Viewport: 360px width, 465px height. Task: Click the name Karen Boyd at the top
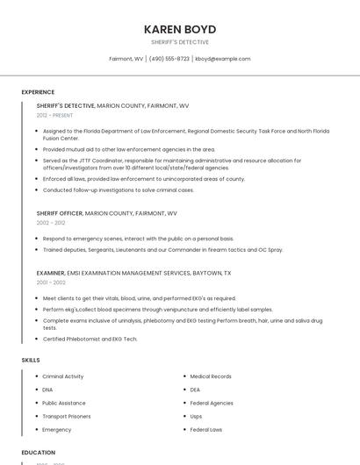(179, 29)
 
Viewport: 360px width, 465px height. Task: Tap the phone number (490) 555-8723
(169, 59)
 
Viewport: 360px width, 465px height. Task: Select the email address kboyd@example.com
(222, 59)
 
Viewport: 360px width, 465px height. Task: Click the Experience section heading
(38, 92)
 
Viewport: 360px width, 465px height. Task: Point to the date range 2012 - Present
(54, 115)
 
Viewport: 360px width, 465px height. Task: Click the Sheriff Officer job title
(60, 213)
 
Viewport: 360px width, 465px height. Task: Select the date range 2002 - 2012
(51, 223)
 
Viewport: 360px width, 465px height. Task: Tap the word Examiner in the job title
(50, 273)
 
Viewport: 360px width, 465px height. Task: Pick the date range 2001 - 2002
(51, 283)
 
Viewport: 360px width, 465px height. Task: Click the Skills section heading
(31, 360)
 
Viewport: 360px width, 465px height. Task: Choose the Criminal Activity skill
(63, 376)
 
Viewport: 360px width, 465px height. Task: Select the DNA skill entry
(47, 390)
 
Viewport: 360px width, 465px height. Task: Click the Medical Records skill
(211, 376)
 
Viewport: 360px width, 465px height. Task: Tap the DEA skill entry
(195, 390)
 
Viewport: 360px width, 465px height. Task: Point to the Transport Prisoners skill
(66, 416)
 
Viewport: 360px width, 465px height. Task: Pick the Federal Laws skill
(205, 430)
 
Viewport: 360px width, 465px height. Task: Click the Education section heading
(38, 453)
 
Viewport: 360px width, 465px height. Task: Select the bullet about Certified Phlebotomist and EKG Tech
(90, 339)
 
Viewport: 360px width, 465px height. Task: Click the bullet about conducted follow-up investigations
(118, 190)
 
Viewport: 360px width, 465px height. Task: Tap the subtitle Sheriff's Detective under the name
(179, 42)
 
